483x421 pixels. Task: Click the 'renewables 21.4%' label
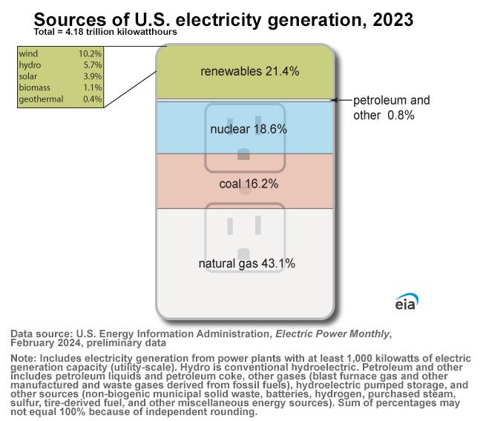pyautogui.click(x=249, y=71)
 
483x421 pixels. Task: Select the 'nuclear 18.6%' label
pyautogui.click(x=249, y=129)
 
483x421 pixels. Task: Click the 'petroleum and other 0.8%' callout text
pyautogui.click(x=390, y=107)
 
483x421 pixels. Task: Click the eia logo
pyautogui.click(x=406, y=302)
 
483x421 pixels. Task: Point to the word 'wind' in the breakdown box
pyautogui.click(x=28, y=54)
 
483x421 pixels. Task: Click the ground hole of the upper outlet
pyautogui.click(x=243, y=154)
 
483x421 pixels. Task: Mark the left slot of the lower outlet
pyautogui.click(x=229, y=225)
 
